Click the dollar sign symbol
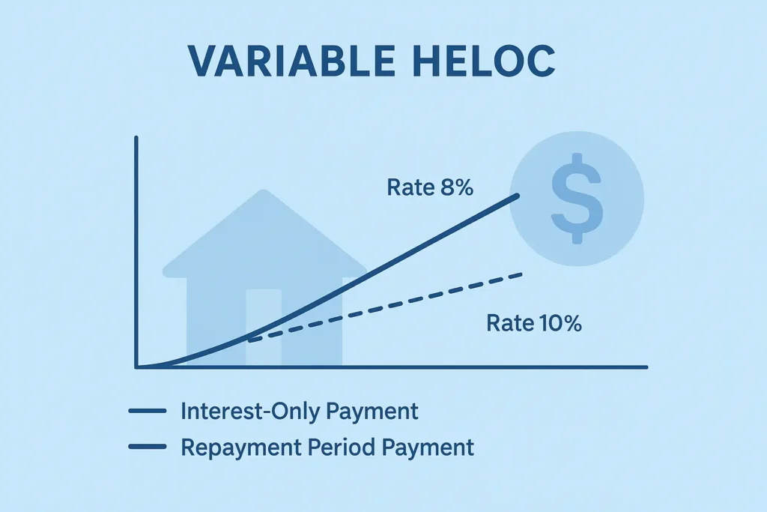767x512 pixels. pos(576,198)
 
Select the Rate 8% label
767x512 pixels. pos(430,187)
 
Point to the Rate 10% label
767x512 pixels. pos(534,324)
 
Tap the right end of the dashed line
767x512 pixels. pos(521,274)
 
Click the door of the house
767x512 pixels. pos(264,326)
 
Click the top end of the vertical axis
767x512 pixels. pos(136,138)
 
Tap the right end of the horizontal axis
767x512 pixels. pos(645,367)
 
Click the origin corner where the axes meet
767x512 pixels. pos(137,367)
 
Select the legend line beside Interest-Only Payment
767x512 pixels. pos(147,412)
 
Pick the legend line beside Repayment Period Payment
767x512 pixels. pos(147,448)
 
